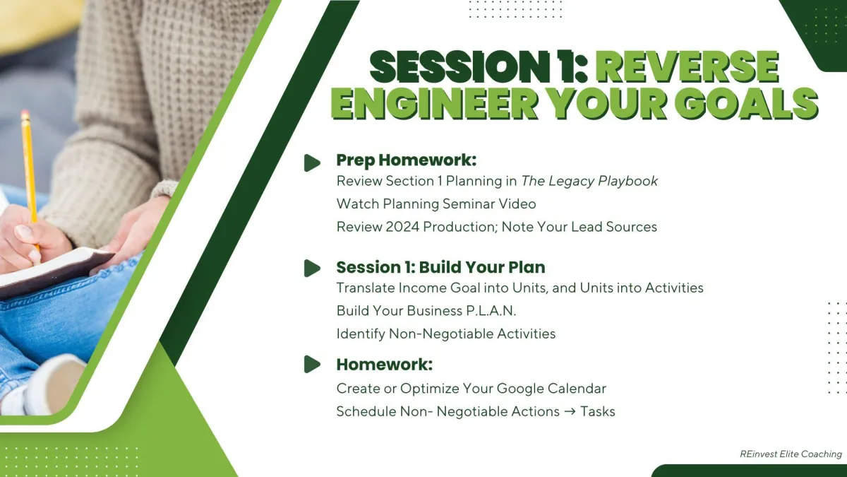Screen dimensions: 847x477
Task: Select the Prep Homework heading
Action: (406, 160)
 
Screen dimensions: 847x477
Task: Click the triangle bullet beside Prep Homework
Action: (312, 163)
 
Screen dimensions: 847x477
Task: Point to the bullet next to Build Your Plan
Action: (312, 268)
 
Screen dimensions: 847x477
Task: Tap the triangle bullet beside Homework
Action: (312, 364)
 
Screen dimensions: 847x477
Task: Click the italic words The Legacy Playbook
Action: (589, 182)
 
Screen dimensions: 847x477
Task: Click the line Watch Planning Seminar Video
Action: (436, 204)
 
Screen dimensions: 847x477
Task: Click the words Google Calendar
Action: (551, 389)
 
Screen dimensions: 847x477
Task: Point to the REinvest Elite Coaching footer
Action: (791, 454)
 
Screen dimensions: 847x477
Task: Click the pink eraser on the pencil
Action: (25, 114)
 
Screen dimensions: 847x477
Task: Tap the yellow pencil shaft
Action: (30, 170)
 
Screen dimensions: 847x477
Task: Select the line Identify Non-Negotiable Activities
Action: (446, 334)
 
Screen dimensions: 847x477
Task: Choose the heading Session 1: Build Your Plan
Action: (440, 267)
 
